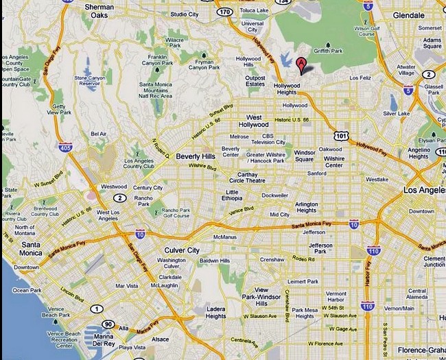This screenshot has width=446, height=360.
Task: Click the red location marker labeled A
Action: (301, 65)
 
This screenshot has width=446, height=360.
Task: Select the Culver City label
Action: (181, 250)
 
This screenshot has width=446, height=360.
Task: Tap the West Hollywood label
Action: (253, 121)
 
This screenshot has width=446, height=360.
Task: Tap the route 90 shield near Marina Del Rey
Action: (107, 323)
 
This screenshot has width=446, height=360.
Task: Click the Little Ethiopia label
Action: (233, 195)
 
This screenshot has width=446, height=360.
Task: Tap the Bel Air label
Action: (98, 134)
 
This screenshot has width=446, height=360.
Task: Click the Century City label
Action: (148, 187)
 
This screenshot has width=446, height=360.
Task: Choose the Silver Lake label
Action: (396, 113)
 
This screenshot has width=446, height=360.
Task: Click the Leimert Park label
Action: (303, 281)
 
